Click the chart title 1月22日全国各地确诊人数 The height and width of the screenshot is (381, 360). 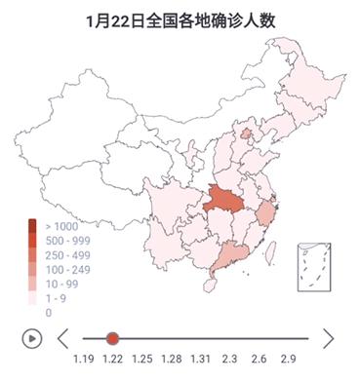[180, 19]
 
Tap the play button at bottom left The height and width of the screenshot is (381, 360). [32, 338]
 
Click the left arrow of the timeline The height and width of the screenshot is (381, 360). [63, 338]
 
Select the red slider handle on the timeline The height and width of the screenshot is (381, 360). [113, 338]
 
